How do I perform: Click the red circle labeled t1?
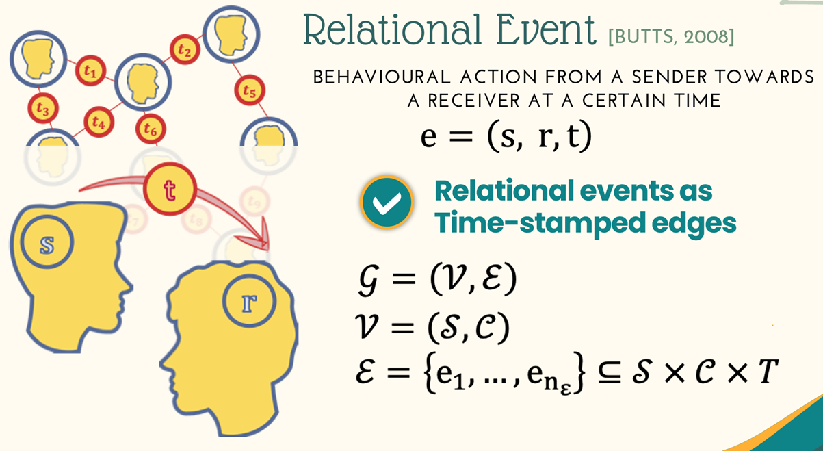91,70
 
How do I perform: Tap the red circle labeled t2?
185,49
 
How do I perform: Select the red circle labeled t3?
43,108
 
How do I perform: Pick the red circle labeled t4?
99,122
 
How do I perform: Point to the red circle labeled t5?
250,90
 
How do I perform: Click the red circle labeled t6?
151,129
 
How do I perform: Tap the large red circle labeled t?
170,189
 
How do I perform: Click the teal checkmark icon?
387,202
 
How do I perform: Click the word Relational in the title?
392,30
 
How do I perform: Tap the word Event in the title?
546,30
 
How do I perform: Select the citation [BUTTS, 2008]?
671,37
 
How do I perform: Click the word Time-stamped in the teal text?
540,223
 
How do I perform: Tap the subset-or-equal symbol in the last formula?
610,372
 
